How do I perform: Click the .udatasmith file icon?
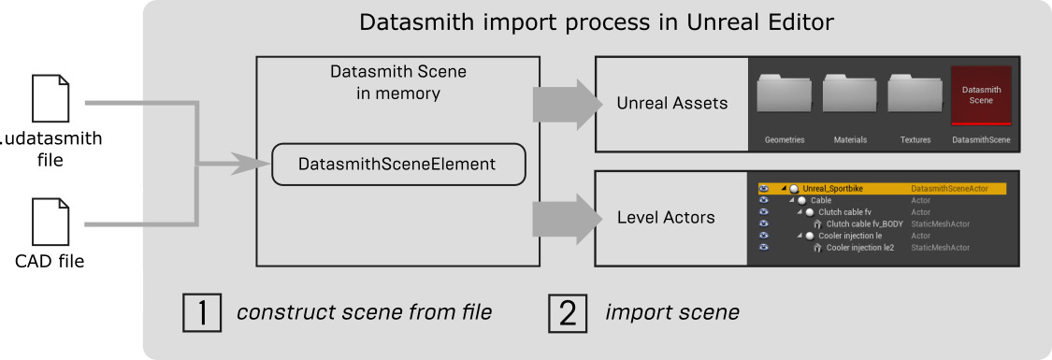coord(51,97)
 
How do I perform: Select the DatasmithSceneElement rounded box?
coord(396,164)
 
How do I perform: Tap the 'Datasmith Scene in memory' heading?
coord(397,82)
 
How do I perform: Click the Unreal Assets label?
coord(671,103)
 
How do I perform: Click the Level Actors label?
coord(666,218)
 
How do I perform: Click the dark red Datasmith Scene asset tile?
coord(980,95)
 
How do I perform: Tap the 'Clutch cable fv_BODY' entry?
coord(864,223)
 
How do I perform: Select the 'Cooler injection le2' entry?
coord(859,248)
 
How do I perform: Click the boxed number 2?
coord(567,312)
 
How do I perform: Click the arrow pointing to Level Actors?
coord(567,217)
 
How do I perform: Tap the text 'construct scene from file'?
coord(365,312)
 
